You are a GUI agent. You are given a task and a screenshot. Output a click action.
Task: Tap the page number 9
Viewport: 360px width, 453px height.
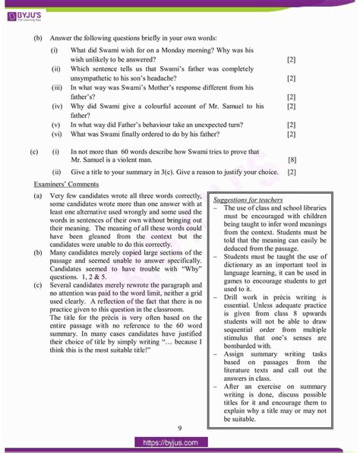(179, 428)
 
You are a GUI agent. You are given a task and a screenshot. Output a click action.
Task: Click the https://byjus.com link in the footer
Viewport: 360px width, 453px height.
(179, 442)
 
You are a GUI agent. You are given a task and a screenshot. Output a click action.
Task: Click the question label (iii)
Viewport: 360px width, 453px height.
(57, 87)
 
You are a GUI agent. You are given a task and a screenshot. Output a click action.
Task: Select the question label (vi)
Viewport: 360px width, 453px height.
(56, 134)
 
